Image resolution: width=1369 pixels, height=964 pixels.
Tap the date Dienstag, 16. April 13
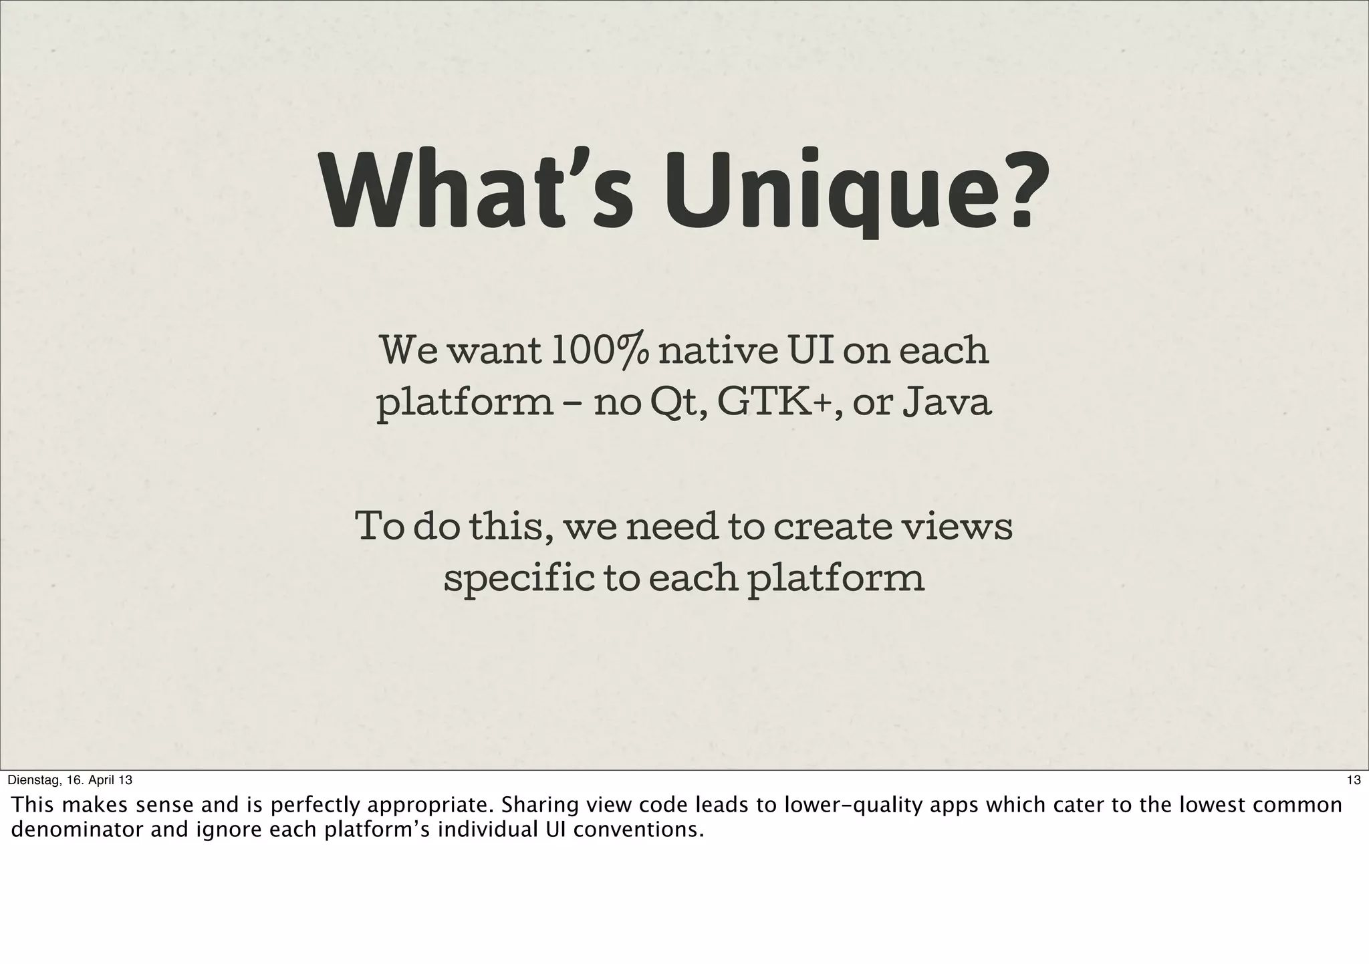(71, 779)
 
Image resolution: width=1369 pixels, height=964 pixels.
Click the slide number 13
(1354, 779)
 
